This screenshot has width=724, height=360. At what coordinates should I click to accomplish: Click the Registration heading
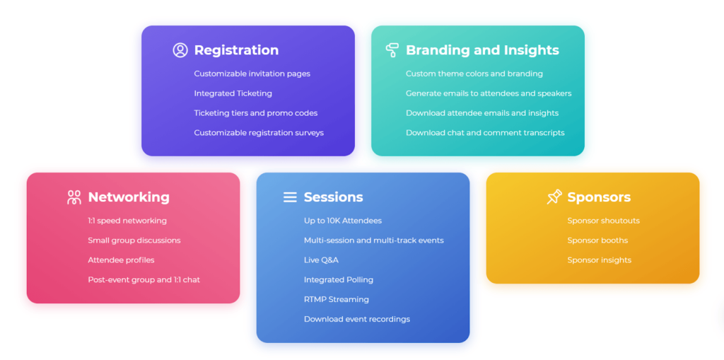[236, 50]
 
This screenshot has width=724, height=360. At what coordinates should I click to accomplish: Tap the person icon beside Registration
[180, 50]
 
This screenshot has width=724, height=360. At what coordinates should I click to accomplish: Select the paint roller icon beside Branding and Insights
[392, 50]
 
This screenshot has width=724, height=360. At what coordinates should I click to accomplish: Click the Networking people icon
[74, 197]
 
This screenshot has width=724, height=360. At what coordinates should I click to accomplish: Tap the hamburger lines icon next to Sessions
[290, 197]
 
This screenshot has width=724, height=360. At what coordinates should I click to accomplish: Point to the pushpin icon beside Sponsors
[554, 197]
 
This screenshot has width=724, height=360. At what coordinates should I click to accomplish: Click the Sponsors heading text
[599, 197]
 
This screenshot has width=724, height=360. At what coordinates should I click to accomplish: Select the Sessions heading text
[334, 197]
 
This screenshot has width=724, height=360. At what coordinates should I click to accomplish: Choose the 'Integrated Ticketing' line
[233, 93]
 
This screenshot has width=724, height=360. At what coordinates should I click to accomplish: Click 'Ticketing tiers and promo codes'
[256, 113]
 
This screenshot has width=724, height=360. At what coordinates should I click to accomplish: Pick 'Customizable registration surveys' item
[259, 133]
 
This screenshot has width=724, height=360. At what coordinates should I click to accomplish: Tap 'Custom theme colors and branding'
[474, 74]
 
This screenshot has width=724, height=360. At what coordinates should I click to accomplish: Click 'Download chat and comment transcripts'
[485, 133]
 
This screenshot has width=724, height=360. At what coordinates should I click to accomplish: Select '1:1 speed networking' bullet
[127, 221]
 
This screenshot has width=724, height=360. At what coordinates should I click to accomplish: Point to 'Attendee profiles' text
[122, 260]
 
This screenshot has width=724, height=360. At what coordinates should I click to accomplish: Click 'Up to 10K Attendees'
[343, 221]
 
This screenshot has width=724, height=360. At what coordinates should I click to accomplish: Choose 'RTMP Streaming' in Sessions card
[337, 299]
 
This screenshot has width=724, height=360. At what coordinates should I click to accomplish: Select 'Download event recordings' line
[357, 320]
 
